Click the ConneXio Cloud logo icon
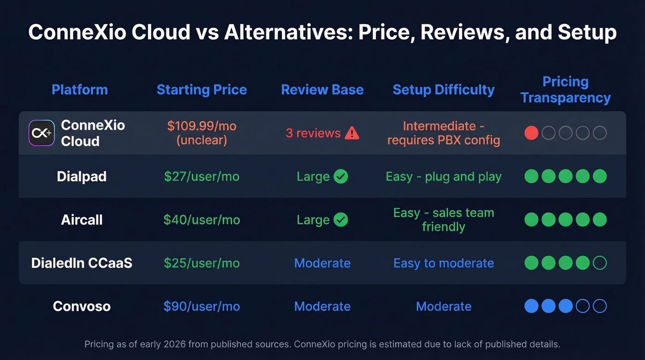click(41, 133)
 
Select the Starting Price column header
click(202, 89)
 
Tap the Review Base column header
click(322, 89)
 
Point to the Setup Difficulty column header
click(443, 89)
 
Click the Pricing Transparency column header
click(565, 90)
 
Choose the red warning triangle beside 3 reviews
click(352, 133)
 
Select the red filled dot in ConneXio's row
click(531, 133)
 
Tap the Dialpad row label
click(82, 177)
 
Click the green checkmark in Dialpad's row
click(340, 177)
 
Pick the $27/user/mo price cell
click(202, 177)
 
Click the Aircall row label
click(82, 220)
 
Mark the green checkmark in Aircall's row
click(340, 220)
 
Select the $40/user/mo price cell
click(202, 220)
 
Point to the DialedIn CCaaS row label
click(82, 263)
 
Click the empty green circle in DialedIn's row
click(599, 263)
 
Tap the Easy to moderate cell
click(443, 263)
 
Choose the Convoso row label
click(82, 307)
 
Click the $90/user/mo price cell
click(202, 307)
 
